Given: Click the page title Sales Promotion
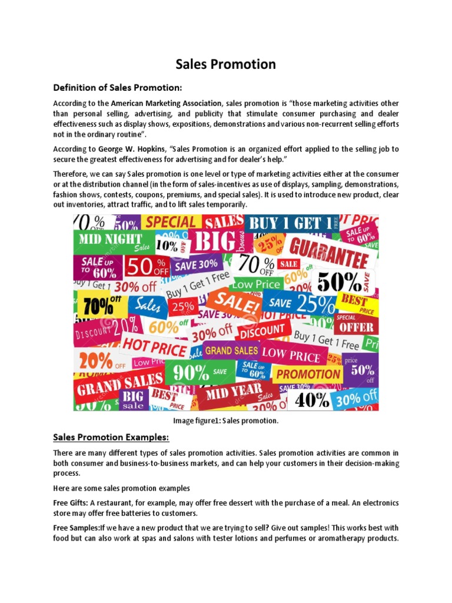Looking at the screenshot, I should click(226, 64).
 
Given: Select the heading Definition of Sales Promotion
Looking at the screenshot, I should click(118, 88).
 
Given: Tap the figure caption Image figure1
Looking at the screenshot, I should click(225, 421).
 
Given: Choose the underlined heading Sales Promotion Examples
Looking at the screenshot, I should click(111, 437).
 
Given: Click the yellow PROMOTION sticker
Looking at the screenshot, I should click(308, 374).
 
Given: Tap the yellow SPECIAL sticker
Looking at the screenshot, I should click(170, 222).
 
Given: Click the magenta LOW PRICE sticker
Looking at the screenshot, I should click(291, 354).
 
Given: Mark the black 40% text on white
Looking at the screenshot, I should click(313, 400).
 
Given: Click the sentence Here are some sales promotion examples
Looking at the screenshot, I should click(123, 488).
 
